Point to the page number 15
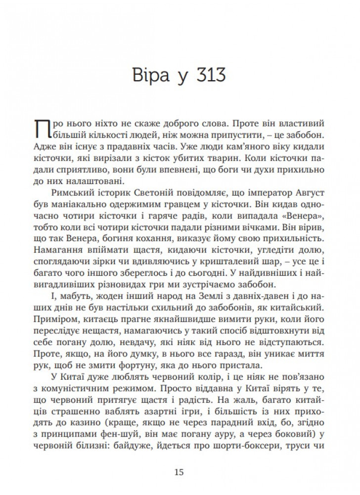[180, 472]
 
